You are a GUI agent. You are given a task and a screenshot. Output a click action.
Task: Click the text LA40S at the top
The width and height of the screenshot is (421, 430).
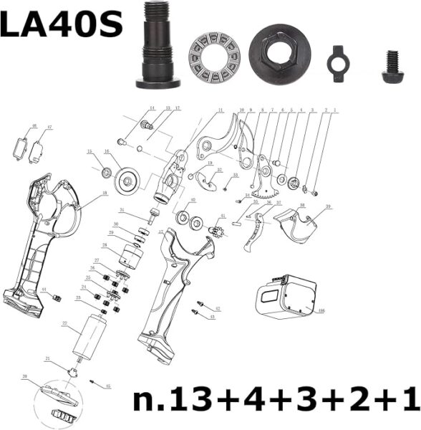click(60, 25)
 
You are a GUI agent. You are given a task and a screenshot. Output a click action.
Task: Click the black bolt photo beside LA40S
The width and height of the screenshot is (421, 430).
click(158, 44)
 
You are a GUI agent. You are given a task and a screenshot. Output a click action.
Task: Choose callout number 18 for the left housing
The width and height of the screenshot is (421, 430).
click(105, 193)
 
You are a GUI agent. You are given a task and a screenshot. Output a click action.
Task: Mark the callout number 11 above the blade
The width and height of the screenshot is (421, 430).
click(221, 110)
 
